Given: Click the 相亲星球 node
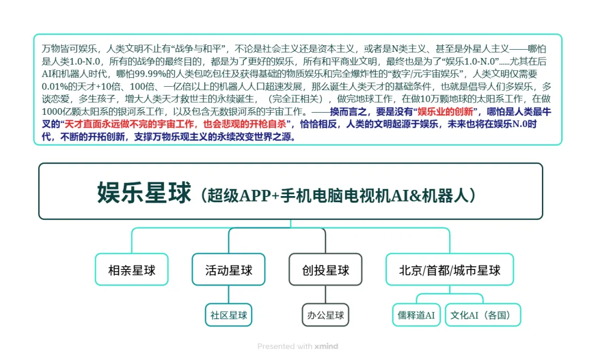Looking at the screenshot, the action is pyautogui.click(x=131, y=269).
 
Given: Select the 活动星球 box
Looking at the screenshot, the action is pyautogui.click(x=228, y=269).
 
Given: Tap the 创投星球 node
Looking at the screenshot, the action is pyautogui.click(x=326, y=269).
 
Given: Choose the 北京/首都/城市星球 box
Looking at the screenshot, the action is pyautogui.click(x=449, y=269).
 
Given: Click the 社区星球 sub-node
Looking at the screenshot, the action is pyautogui.click(x=228, y=315).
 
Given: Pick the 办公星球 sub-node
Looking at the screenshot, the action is pyautogui.click(x=326, y=315).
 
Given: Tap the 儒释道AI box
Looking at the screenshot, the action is pyautogui.click(x=416, y=315).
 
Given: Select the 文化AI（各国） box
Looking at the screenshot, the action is pyautogui.click(x=482, y=315).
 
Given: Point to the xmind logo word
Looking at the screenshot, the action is pyautogui.click(x=326, y=346).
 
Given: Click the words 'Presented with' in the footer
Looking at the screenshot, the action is pyautogui.click(x=285, y=346).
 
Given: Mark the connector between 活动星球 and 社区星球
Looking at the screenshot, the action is pyautogui.click(x=228, y=294).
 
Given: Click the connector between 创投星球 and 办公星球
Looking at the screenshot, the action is pyautogui.click(x=326, y=294).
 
